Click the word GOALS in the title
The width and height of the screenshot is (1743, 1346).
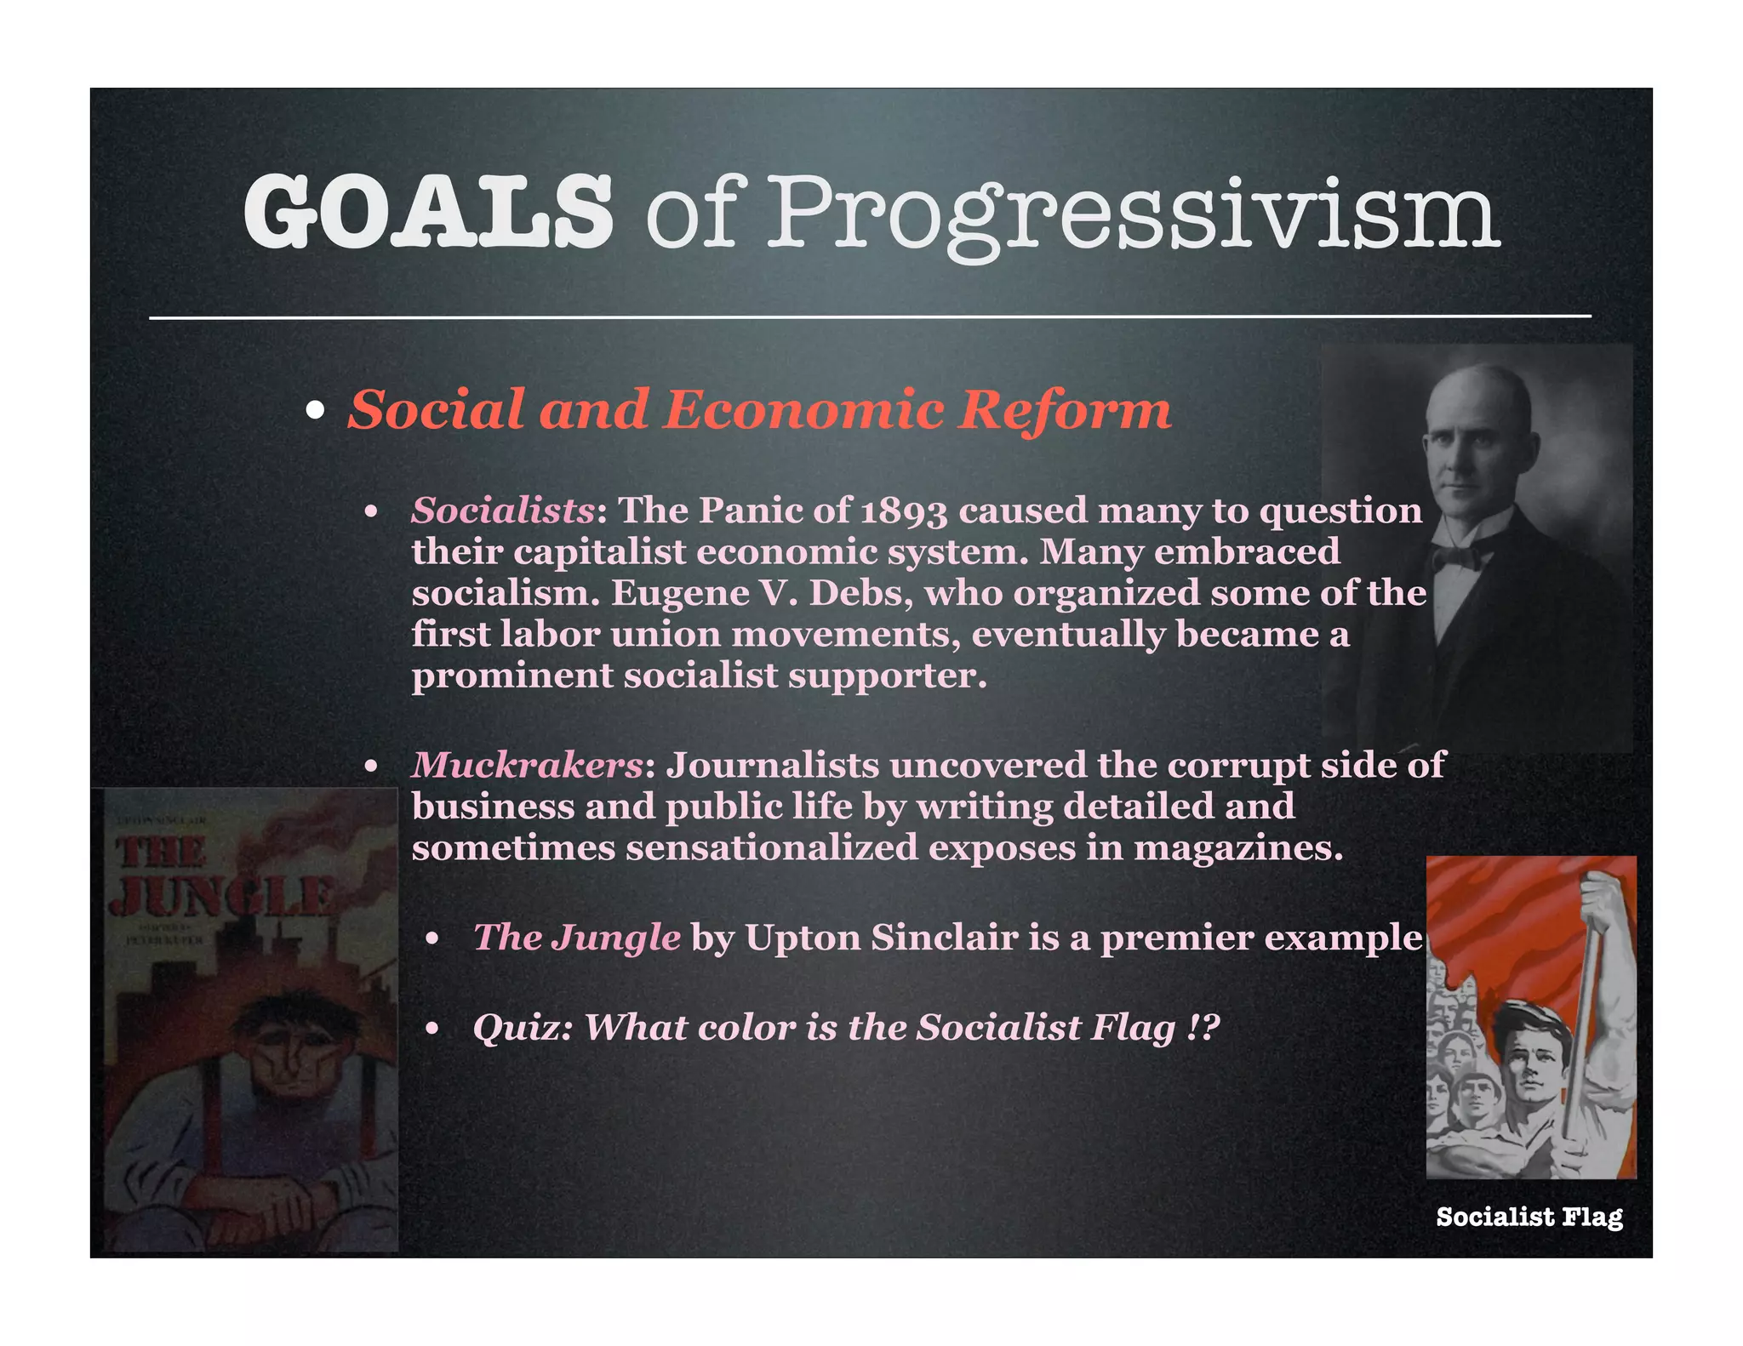427,211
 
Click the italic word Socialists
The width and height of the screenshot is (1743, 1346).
503,510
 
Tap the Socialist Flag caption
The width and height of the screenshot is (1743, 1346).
1529,1217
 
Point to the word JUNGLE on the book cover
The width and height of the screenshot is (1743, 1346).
223,895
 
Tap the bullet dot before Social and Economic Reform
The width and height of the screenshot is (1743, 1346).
315,411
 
